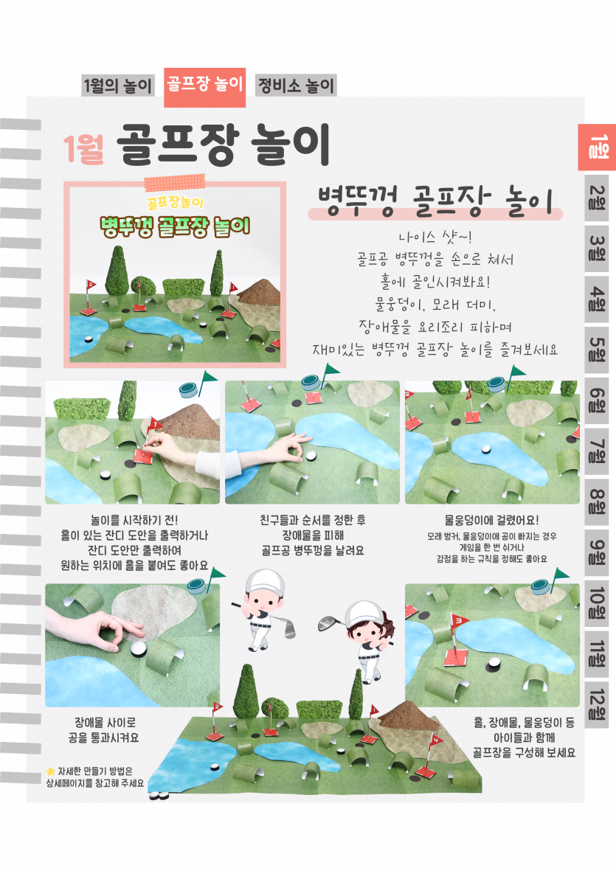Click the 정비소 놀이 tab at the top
[x=296, y=86]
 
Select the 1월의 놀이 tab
[x=117, y=86]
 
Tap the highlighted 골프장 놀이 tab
[x=205, y=86]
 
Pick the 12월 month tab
[x=597, y=705]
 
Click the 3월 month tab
[x=597, y=249]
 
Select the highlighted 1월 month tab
[x=597, y=148]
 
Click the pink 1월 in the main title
[x=83, y=149]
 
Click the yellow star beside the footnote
[x=51, y=771]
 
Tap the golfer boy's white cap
[x=264, y=581]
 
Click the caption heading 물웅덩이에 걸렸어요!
[x=491, y=521]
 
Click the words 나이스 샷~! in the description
[x=435, y=237]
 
